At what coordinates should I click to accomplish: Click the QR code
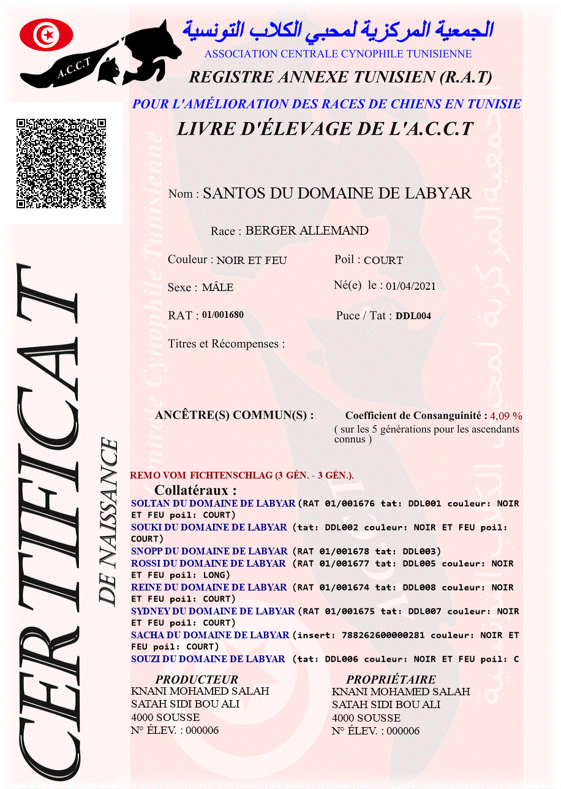tap(61, 164)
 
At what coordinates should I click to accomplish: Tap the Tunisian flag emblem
tap(47, 35)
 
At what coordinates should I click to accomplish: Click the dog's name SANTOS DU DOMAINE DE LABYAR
tap(337, 194)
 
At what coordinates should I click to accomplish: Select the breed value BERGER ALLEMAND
tap(307, 231)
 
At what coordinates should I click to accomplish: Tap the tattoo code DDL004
tap(413, 316)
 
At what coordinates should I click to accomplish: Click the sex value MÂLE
tap(217, 287)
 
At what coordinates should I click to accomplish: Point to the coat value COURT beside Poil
tap(383, 260)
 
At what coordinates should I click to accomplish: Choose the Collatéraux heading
tap(195, 491)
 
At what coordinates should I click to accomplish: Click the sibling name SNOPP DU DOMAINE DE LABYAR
tap(209, 551)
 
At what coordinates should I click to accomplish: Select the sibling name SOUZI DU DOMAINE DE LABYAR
tap(208, 659)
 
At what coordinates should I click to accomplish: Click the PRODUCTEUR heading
tap(197, 679)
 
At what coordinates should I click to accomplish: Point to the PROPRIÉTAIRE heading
tap(391, 679)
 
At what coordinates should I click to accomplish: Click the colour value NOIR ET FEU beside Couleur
tap(252, 260)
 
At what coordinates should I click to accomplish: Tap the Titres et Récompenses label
tap(226, 344)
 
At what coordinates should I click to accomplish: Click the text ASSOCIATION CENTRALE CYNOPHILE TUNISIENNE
tap(338, 54)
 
